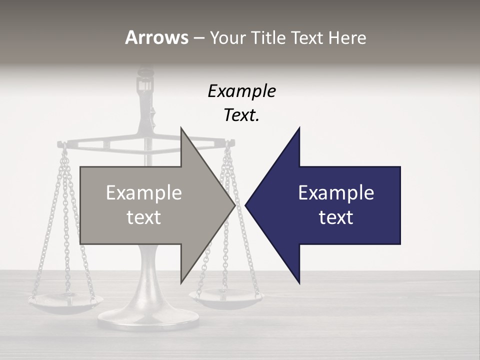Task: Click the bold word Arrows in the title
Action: click(156, 37)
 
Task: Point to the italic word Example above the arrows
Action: click(241, 91)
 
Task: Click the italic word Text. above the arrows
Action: click(241, 115)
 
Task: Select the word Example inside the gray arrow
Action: click(144, 193)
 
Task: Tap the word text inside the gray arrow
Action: click(144, 217)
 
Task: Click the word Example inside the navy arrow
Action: click(336, 193)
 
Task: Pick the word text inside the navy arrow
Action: click(336, 217)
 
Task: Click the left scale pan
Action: click(65, 301)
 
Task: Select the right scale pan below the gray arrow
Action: click(226, 298)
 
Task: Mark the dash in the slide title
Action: click(198, 38)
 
